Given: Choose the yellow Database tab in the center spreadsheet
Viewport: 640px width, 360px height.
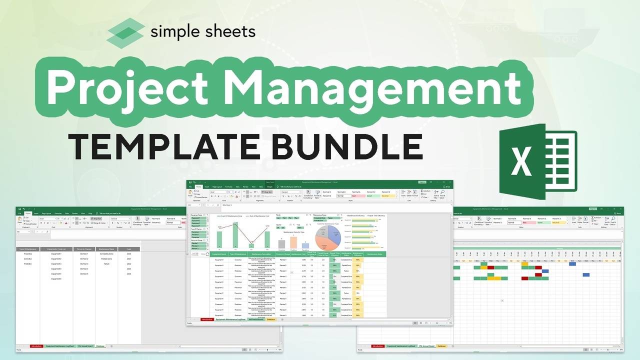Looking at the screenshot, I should pos(271,319).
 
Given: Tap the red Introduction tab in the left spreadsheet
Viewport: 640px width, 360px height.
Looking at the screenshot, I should pos(36,346).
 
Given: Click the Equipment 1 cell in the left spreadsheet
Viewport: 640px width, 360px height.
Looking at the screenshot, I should pos(56,254).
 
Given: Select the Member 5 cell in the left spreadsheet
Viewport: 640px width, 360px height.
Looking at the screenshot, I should pos(84,274).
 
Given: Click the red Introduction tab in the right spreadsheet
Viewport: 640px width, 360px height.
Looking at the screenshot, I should pos(378,346).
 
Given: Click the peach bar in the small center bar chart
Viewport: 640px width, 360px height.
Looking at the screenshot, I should pos(293,242).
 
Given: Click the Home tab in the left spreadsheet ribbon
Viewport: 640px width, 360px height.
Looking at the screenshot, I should pos(28,213).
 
